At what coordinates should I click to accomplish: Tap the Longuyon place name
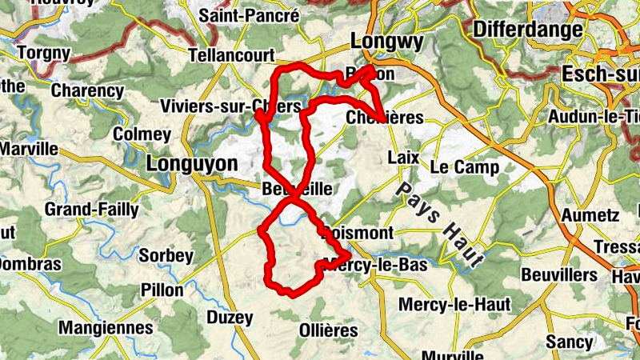pyautogui.click(x=193, y=164)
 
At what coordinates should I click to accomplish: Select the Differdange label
pyautogui.click(x=528, y=30)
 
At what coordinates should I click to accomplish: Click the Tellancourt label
pyautogui.click(x=230, y=55)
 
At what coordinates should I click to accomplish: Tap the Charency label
pyautogui.click(x=87, y=90)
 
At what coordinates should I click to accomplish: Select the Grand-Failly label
pyautogui.click(x=91, y=210)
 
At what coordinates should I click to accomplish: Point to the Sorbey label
pyautogui.click(x=166, y=256)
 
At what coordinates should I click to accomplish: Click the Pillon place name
pyautogui.click(x=162, y=290)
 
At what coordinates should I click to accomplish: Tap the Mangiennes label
pyautogui.click(x=106, y=328)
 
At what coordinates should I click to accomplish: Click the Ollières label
pyautogui.click(x=328, y=330)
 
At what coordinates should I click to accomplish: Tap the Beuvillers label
pyautogui.click(x=559, y=274)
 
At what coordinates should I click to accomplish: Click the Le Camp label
pyautogui.click(x=464, y=168)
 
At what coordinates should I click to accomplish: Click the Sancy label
pyautogui.click(x=569, y=342)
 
